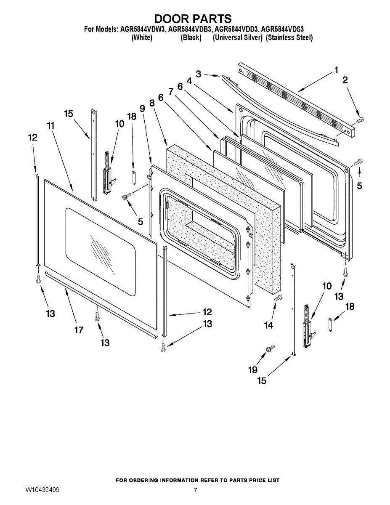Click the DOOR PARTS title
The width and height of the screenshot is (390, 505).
(193, 19)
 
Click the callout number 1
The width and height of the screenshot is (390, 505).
(336, 70)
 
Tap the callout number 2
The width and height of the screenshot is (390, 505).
(345, 80)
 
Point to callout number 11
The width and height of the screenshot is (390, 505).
(51, 125)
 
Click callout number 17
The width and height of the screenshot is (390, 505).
(79, 330)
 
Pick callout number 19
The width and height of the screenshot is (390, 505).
(252, 369)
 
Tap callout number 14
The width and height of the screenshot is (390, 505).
(268, 325)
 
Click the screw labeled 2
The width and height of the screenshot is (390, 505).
(360, 121)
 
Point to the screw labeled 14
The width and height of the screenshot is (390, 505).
(278, 298)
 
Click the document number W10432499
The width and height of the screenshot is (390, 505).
(42, 490)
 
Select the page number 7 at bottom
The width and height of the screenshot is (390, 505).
(195, 490)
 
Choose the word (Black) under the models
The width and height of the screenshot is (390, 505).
(191, 38)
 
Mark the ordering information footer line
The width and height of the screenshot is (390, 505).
(197, 480)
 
